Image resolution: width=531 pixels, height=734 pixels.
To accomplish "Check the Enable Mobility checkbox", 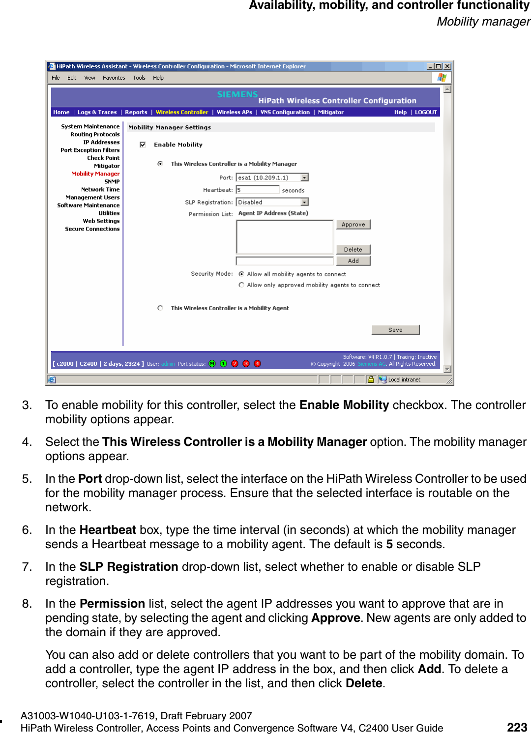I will pos(143,145).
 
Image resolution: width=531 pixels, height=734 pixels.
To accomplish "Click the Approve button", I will pos(353,225).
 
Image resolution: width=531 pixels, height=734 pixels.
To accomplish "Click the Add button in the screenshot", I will pos(353,261).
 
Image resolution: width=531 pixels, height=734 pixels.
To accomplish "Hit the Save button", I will pos(395,330).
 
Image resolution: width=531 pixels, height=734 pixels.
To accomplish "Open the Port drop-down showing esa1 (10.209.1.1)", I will pos(305,177).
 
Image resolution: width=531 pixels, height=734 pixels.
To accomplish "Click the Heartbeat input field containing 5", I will pos(257,190).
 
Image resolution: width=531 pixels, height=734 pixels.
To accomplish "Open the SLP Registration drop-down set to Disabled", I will pos(305,202).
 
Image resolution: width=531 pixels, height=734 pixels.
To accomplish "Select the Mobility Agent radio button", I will pos(160,308).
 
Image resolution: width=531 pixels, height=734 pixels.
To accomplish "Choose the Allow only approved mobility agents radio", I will pos(241,285).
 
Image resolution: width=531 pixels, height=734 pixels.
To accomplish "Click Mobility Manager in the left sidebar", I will pos(95,174).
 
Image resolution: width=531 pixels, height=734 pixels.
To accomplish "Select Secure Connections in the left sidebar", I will pos(92,229).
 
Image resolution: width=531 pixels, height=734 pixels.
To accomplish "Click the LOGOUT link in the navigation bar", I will pos(426,112).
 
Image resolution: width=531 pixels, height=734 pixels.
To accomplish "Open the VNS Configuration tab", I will pos(285,112).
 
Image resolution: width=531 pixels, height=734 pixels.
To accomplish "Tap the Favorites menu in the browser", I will pos(114,78).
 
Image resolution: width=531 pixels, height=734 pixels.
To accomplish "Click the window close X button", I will pos(447,66).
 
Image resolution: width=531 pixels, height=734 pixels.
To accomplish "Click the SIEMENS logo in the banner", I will pos(237,94).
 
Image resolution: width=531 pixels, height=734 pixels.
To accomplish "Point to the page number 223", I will pos(517,727).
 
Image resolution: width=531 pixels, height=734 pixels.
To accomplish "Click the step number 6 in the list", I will pos(27,530).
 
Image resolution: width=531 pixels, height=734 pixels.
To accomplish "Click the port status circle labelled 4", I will pos(257,364).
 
